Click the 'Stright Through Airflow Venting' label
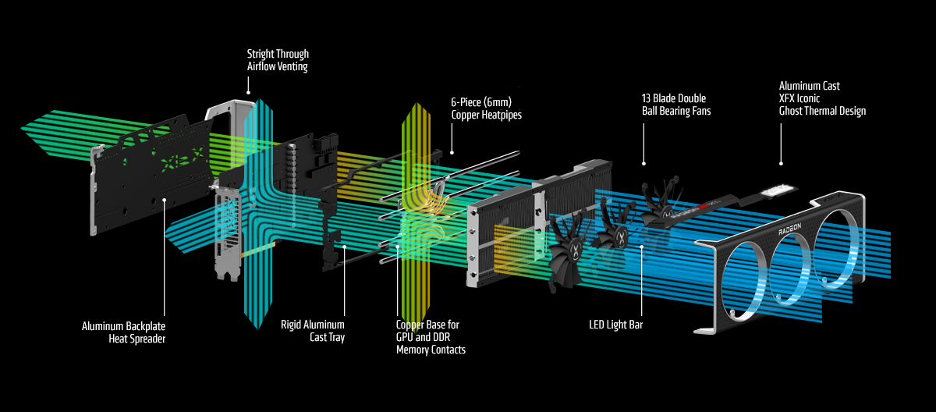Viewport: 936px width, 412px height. pos(278,60)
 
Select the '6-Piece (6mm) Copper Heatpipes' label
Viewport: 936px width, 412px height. pos(486,108)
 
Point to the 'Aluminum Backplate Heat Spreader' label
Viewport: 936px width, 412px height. pos(123,331)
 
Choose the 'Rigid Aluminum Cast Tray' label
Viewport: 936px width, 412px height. pos(312,331)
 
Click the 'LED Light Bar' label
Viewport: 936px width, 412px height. pos(616,324)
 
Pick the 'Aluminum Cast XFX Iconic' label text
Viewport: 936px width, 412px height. pos(810,92)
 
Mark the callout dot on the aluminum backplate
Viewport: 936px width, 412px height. pos(165,200)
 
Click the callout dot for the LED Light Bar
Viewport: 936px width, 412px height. pos(642,247)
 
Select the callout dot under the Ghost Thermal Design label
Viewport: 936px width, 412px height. pos(781,164)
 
